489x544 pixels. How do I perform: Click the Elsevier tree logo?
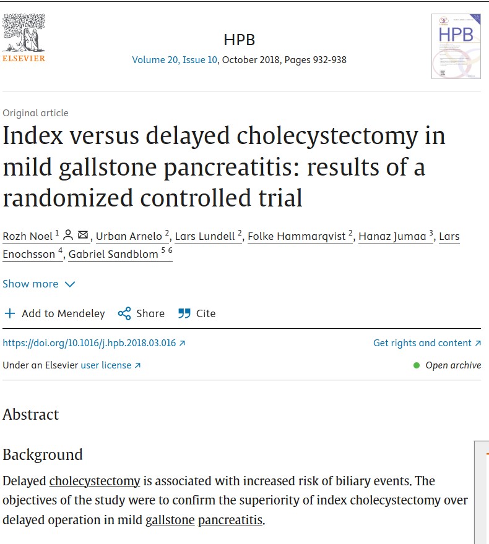(x=24, y=38)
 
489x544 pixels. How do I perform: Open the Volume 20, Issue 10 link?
(x=175, y=60)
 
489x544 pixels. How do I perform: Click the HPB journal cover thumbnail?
(x=456, y=46)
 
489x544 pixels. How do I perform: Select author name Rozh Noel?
(x=27, y=236)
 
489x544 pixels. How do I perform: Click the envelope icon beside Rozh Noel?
(x=83, y=235)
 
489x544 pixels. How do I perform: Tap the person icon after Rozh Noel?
(x=69, y=235)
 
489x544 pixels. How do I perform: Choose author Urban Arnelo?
(x=129, y=236)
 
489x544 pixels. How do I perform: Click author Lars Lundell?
(x=205, y=236)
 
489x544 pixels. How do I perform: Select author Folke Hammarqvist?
(x=296, y=236)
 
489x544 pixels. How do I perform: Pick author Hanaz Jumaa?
(x=392, y=236)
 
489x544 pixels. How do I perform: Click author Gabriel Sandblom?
(x=113, y=254)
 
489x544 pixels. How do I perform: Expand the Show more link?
(x=38, y=284)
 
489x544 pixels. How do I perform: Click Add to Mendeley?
(x=54, y=313)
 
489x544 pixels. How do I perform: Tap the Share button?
(x=141, y=313)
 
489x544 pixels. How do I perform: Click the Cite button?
(x=197, y=313)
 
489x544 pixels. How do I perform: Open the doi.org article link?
(x=93, y=343)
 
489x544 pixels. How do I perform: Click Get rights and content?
(x=427, y=343)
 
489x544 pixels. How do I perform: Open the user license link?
(x=110, y=365)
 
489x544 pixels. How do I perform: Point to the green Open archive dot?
(x=417, y=365)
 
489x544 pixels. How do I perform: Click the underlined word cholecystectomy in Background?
(x=95, y=481)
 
